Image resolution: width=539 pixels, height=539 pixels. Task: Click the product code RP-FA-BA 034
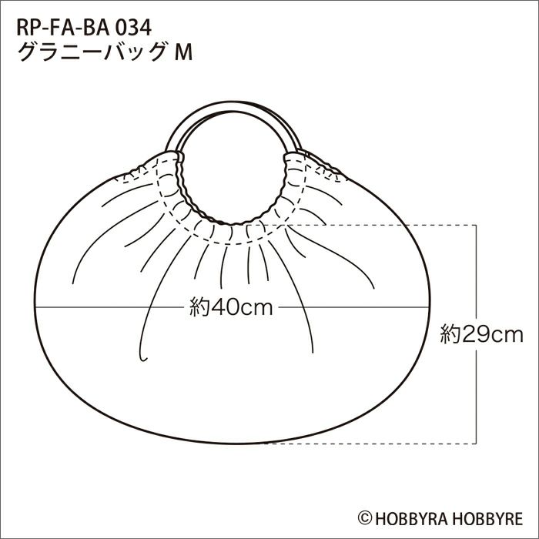[x=84, y=28]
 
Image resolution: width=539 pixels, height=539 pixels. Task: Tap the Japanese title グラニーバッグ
[x=91, y=52]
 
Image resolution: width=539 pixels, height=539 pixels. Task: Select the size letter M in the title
[x=183, y=53]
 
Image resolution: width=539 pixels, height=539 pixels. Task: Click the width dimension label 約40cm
[x=231, y=307]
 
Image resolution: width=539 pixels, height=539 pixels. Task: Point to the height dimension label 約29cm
[x=481, y=334]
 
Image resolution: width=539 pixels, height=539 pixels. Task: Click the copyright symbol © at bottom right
[x=365, y=517]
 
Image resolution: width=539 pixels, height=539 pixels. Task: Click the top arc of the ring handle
[x=233, y=103]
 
